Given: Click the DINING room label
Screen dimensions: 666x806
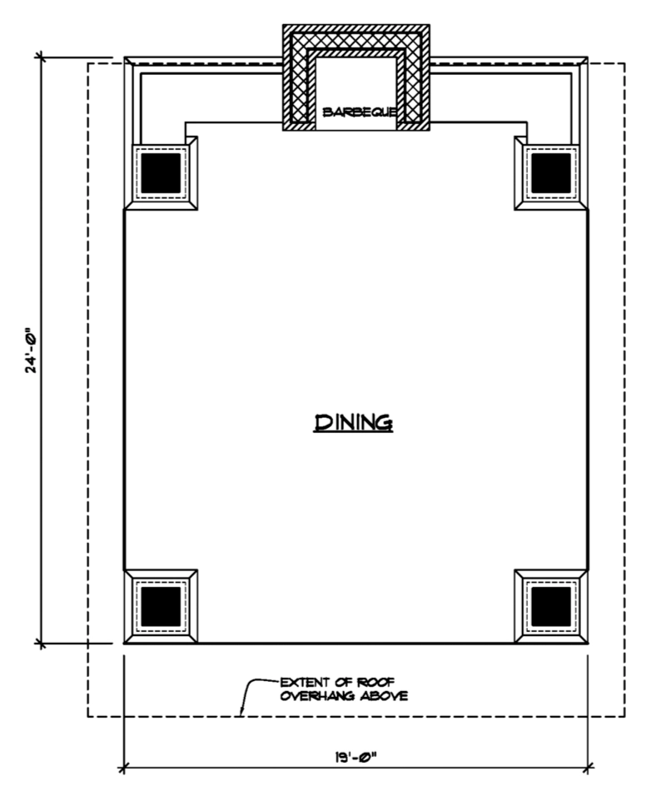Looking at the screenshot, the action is pyautogui.click(x=353, y=421).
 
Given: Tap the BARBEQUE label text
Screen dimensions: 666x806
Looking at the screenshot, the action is pyautogui.click(x=359, y=112).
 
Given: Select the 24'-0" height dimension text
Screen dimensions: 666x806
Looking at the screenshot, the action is pyautogui.click(x=31, y=350).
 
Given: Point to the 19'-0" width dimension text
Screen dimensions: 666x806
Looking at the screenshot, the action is pyautogui.click(x=356, y=757).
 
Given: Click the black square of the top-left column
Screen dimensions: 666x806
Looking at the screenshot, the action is pyautogui.click(x=161, y=173).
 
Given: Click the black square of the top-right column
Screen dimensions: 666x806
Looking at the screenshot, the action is pyautogui.click(x=551, y=173).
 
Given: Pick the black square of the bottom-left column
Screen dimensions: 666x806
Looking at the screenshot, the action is pyautogui.click(x=161, y=606).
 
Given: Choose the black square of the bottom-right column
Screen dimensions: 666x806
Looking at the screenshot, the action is pyautogui.click(x=551, y=606).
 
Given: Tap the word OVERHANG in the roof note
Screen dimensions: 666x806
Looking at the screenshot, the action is pyautogui.click(x=317, y=697).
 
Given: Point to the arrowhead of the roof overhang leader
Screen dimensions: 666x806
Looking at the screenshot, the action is pyautogui.click(x=241, y=714).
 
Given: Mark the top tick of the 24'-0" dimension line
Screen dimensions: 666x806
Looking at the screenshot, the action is pyautogui.click(x=41, y=57).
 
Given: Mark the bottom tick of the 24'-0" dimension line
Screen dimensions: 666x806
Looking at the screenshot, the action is pyautogui.click(x=41, y=643).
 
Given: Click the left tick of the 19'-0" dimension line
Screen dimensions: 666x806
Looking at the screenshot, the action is pyautogui.click(x=124, y=769).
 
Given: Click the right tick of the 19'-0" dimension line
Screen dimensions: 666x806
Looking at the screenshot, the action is pyautogui.click(x=588, y=769).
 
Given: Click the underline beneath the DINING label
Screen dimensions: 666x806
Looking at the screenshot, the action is pyautogui.click(x=353, y=432).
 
